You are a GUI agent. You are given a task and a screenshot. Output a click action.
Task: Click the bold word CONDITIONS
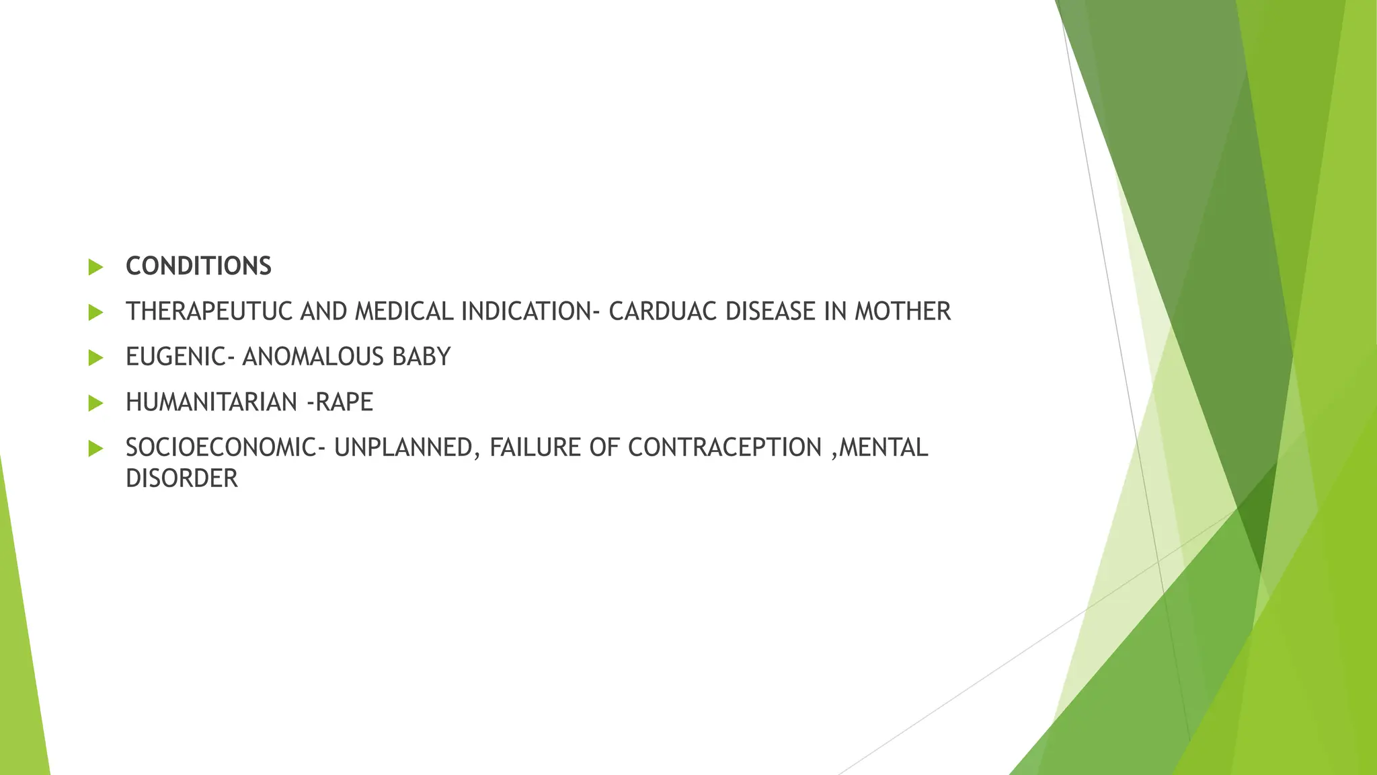[x=198, y=266]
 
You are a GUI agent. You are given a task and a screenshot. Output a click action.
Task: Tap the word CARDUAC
[x=663, y=311]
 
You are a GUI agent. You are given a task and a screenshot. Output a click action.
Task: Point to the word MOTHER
[x=902, y=311]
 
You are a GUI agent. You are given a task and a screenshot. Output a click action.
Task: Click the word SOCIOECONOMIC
[x=220, y=447]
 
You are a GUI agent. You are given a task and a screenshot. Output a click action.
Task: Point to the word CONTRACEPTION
[x=725, y=447]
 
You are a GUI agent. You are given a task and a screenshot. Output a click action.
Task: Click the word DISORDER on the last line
[x=182, y=478]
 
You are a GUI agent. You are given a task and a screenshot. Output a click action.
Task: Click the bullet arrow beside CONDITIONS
[x=96, y=267]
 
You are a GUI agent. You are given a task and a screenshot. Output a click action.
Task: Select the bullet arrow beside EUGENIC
[x=96, y=358]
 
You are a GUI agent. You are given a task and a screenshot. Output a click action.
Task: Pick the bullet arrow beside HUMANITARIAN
[x=96, y=404]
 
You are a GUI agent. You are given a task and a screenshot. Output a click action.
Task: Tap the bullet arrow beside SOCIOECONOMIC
[x=96, y=449]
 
